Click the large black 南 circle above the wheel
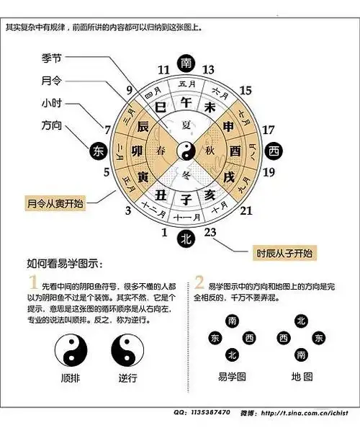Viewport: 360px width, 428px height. [188, 63]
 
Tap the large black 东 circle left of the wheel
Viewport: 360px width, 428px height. [99, 151]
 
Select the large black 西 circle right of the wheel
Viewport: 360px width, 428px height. [274, 151]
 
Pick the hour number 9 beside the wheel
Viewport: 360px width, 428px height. [129, 89]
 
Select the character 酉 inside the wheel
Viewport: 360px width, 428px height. [234, 151]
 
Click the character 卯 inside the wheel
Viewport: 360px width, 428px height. [142, 151]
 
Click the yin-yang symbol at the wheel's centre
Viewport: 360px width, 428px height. [187, 150]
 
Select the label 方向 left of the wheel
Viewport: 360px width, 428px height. [53, 124]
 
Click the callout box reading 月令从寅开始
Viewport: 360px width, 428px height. [55, 202]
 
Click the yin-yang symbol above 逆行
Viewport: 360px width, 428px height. [127, 352]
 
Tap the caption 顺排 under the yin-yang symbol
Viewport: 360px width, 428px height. [71, 378]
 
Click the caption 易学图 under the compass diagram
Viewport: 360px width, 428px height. [231, 377]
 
